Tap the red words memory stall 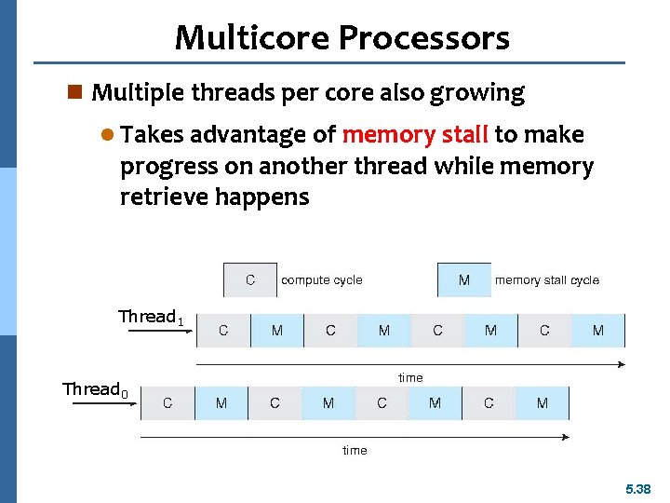point(415,135)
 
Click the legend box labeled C point(250,279)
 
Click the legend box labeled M point(464,279)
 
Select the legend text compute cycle point(321,279)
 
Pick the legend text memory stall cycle point(547,279)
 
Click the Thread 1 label point(151,317)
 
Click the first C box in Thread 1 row point(223,331)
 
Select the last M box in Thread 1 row point(598,331)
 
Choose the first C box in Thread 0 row point(167,403)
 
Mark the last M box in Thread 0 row point(543,403)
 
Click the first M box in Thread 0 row point(221,403)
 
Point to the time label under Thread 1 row point(410,377)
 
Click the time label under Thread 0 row point(355,450)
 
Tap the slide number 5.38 point(638,488)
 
